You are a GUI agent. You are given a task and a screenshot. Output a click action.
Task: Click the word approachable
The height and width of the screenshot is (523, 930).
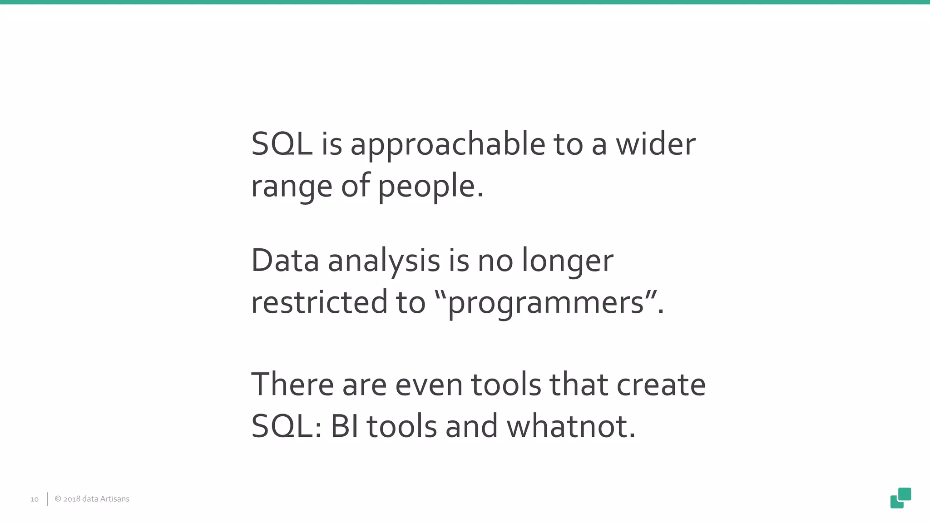(447, 145)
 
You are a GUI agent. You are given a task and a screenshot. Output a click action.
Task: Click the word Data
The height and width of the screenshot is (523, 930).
(285, 261)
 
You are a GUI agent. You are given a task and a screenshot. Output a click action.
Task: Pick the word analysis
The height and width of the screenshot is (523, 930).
(384, 262)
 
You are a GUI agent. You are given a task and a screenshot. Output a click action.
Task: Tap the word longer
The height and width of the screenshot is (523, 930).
(567, 262)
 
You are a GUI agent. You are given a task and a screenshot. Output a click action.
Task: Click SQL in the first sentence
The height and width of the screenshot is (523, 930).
(282, 144)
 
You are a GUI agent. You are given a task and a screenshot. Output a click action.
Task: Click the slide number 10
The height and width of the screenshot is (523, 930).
(35, 499)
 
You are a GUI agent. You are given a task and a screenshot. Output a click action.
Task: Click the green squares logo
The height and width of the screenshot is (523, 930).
(900, 498)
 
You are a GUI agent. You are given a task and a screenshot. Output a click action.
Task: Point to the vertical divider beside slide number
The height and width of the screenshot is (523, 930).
(47, 499)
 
